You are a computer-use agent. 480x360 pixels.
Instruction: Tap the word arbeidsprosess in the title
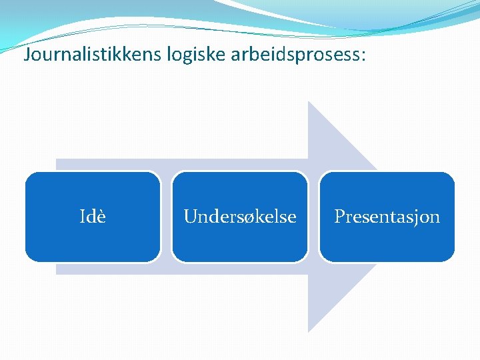(291, 55)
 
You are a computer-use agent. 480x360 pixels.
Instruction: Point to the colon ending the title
(363, 56)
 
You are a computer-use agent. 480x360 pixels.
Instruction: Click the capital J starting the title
(27, 55)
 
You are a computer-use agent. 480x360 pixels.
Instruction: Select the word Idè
(93, 217)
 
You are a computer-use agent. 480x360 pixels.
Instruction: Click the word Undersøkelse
(240, 217)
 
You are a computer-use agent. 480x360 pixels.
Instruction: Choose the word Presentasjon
(387, 217)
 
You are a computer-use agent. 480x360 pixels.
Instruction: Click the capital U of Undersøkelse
(190, 217)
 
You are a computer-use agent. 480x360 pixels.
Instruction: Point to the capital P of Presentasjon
(339, 217)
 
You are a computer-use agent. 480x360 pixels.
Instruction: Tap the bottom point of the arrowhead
(309, 331)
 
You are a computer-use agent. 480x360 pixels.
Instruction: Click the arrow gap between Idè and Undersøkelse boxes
(166, 217)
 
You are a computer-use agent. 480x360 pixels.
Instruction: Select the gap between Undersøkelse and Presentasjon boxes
(313, 217)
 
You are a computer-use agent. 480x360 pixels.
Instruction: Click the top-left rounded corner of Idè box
(29, 177)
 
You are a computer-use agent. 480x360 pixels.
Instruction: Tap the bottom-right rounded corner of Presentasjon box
(450, 257)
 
